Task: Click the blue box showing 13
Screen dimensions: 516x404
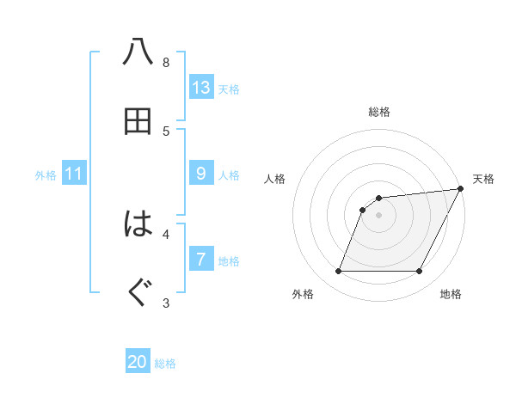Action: click(x=201, y=87)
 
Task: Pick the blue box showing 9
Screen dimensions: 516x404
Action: click(x=201, y=174)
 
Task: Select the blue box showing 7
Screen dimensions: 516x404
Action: click(x=201, y=259)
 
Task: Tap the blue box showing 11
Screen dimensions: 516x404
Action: click(x=73, y=174)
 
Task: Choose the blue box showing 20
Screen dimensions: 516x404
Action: click(x=138, y=362)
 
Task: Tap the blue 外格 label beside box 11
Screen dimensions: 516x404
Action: click(x=46, y=175)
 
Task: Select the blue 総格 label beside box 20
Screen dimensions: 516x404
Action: click(x=165, y=364)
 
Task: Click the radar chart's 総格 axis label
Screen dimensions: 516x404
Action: click(x=379, y=112)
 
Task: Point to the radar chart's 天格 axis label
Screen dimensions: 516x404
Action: click(x=483, y=179)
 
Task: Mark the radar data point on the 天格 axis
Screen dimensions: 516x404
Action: click(x=461, y=189)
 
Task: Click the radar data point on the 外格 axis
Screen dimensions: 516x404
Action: click(x=338, y=272)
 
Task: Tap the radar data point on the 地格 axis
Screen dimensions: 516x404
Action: click(x=420, y=272)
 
